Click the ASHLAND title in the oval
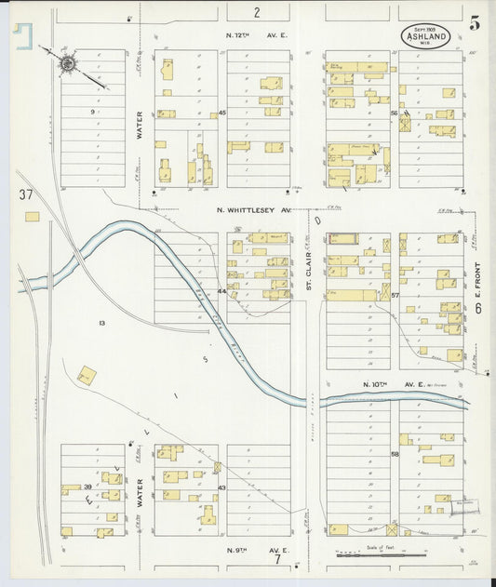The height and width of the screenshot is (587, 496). click(429, 38)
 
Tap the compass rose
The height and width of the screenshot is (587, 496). click(69, 64)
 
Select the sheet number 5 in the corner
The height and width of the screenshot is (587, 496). click(476, 23)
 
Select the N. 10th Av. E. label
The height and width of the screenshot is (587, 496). click(393, 383)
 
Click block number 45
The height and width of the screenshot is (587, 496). click(222, 113)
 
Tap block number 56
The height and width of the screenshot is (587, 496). click(395, 113)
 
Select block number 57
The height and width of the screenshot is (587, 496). click(395, 295)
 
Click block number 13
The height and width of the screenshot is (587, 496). click(101, 323)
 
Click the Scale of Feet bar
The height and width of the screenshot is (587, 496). click(375, 554)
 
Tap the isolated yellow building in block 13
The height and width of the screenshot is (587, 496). click(86, 376)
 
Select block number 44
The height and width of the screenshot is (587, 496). click(221, 292)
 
